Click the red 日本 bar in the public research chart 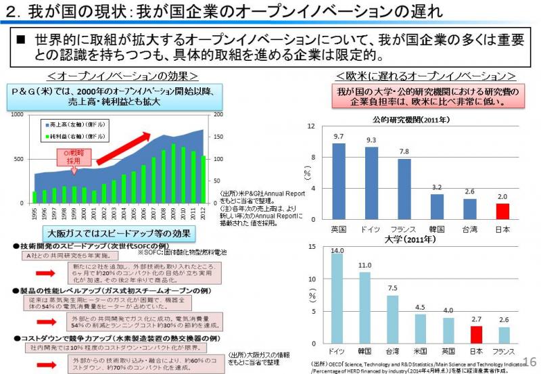click(502, 211)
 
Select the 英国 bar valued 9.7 click(338, 181)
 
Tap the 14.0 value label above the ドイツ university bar click(337, 251)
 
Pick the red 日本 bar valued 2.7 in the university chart click(476, 335)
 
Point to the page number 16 click(529, 362)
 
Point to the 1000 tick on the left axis click(18, 115)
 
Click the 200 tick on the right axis click(218, 115)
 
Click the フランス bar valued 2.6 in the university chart click(502, 335)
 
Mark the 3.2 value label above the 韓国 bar click(437, 187)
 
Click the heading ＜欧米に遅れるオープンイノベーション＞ click(425, 75)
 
